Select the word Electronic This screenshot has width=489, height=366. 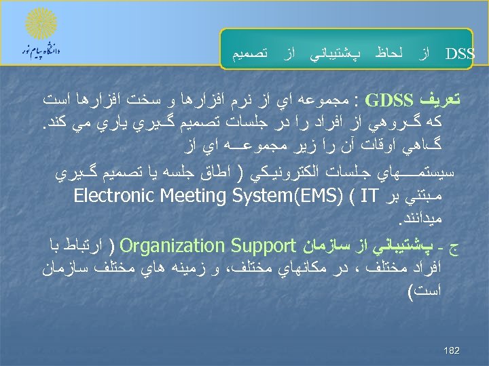(x=107, y=197)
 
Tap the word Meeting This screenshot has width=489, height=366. (x=179, y=197)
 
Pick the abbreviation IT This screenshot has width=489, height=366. (x=361, y=198)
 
